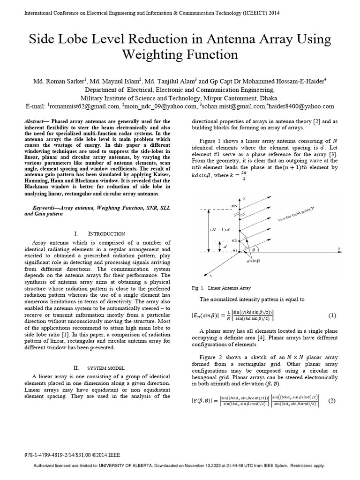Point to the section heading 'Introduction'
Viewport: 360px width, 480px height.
[106, 233]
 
